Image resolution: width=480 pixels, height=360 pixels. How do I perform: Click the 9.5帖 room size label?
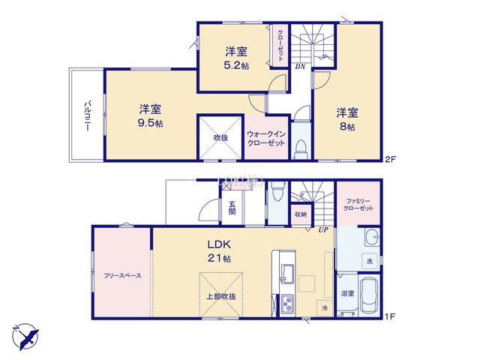click(x=151, y=123)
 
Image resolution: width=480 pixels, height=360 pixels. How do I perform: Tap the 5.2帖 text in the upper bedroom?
click(x=236, y=65)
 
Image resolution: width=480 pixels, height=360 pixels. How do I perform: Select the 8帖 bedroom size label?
click(x=346, y=127)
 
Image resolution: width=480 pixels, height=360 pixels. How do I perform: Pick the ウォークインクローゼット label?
click(x=265, y=138)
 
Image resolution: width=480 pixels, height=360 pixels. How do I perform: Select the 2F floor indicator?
click(x=389, y=159)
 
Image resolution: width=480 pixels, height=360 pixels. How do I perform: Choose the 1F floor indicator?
click(x=389, y=317)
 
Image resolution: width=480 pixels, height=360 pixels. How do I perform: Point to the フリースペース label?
click(x=123, y=275)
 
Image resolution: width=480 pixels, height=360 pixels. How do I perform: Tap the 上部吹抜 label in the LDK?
click(x=220, y=297)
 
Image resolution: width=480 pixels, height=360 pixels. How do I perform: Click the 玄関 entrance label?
click(x=232, y=208)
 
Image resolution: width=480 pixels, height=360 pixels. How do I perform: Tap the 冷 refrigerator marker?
click(x=325, y=308)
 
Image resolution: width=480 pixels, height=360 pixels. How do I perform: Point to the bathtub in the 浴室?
click(x=367, y=297)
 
